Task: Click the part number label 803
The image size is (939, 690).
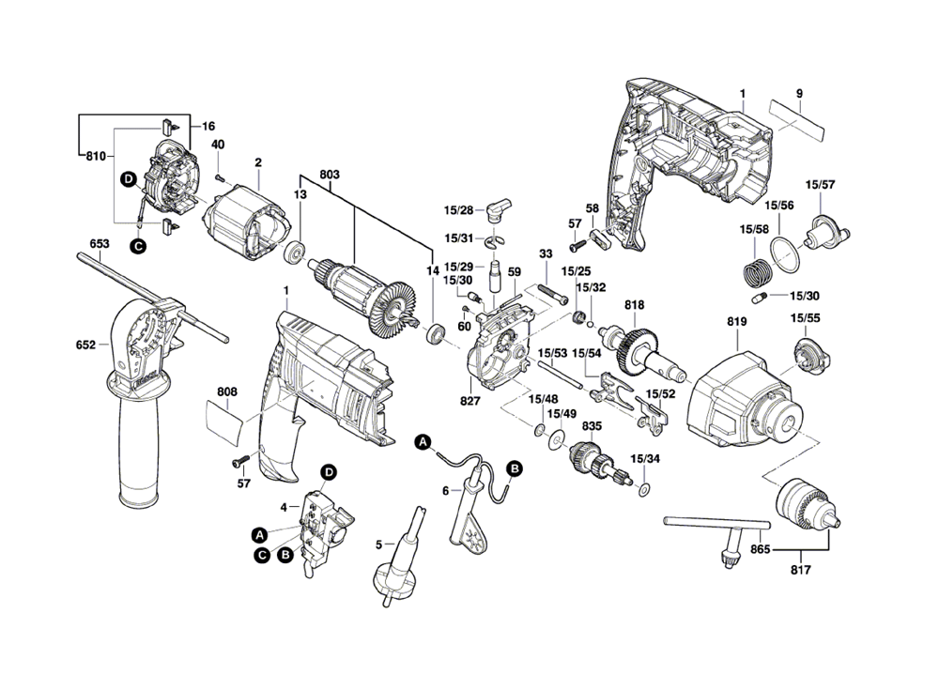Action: tap(329, 175)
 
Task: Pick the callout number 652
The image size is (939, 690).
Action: tap(85, 345)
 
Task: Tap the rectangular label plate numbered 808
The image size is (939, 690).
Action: tap(224, 418)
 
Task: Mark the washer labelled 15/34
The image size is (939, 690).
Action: tap(644, 488)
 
